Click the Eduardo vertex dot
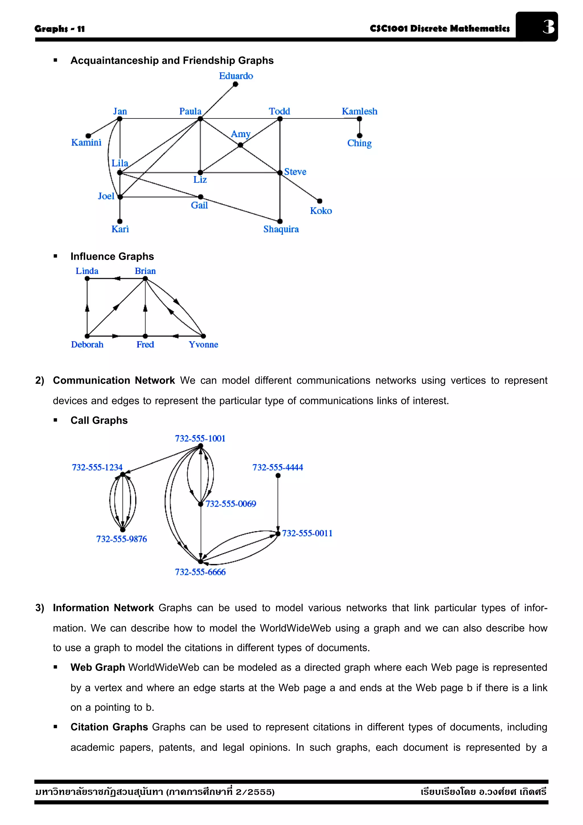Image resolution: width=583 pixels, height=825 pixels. click(x=235, y=84)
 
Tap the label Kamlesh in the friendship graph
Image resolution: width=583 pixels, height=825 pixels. click(x=359, y=111)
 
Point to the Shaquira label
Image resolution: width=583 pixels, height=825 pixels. click(x=281, y=229)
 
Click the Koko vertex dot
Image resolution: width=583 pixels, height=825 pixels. click(x=319, y=201)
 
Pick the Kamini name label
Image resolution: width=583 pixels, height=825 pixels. click(x=86, y=143)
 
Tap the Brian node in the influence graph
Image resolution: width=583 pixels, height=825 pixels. click(x=145, y=279)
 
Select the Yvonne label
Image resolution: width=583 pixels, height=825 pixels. click(x=203, y=345)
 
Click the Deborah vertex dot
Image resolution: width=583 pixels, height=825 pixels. click(x=87, y=336)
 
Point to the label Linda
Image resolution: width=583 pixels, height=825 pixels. click(x=87, y=271)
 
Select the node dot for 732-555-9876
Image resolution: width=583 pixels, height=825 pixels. click(x=122, y=530)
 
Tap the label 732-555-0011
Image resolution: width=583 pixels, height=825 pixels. click(x=307, y=533)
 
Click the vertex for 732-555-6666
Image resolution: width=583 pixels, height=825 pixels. click(x=200, y=561)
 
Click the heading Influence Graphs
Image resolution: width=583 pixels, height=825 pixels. click(x=112, y=256)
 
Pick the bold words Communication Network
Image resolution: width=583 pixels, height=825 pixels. click(x=114, y=380)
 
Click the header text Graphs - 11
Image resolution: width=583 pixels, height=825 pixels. click(x=59, y=29)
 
